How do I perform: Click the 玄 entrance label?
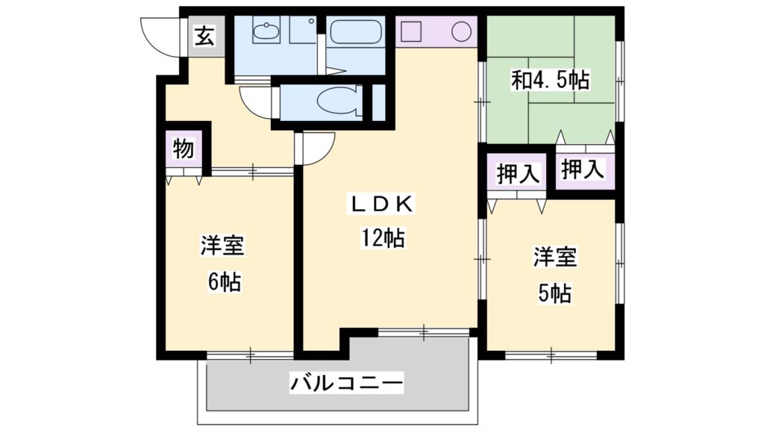pyautogui.click(x=204, y=36)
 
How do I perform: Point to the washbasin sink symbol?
pyautogui.click(x=264, y=33)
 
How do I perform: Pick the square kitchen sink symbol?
pyautogui.click(x=413, y=33)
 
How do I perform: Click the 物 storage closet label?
pyautogui.click(x=184, y=149)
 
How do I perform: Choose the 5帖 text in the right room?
pyautogui.click(x=554, y=293)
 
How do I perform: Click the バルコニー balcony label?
pyautogui.click(x=347, y=385)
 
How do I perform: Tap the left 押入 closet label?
pyautogui.click(x=518, y=174)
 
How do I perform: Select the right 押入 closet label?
pyautogui.click(x=582, y=169)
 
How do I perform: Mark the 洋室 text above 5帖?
pyautogui.click(x=554, y=258)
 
